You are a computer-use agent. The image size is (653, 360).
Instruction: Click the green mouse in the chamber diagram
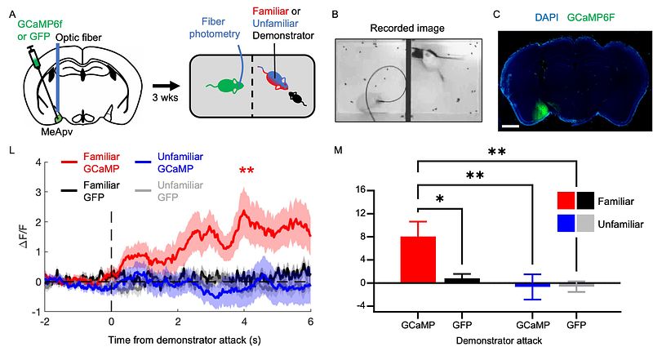pos(227,86)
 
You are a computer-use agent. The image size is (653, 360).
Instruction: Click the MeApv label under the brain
pos(56,131)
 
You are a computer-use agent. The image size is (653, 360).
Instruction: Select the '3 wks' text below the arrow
pos(165,98)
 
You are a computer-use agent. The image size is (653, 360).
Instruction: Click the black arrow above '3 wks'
pos(166,86)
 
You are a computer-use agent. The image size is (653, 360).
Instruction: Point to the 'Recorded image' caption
pos(406,29)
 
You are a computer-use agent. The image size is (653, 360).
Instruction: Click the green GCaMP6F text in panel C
pos(590,17)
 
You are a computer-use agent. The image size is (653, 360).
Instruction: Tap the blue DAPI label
pos(546,17)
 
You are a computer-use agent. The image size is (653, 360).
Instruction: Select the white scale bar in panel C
pos(513,125)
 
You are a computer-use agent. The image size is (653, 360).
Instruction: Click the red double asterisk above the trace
pos(247,171)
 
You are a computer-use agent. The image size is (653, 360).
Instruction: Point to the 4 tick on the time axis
pos(244,322)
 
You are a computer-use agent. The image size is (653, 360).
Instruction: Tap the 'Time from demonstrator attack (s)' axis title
pos(184,340)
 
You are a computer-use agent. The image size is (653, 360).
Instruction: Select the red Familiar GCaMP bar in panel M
pos(418,260)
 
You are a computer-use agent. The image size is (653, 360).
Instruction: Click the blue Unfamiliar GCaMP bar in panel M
pos(532,285)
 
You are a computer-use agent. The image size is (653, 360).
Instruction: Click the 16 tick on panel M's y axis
pos(360,190)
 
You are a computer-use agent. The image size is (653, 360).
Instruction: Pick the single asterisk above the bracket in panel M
pos(439,198)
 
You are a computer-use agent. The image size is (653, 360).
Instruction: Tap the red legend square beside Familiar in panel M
pos(566,201)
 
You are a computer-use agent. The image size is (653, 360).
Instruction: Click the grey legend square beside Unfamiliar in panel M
pos(585,224)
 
